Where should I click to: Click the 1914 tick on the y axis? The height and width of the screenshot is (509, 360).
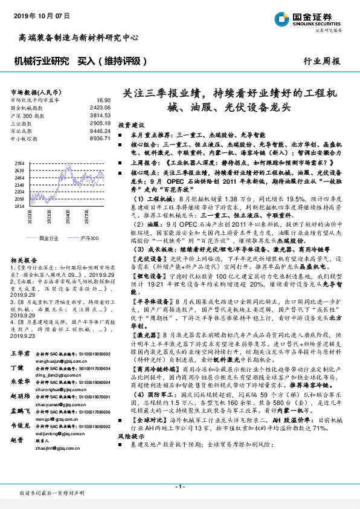pos(19,206)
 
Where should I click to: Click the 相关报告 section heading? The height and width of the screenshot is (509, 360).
pos(24,258)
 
